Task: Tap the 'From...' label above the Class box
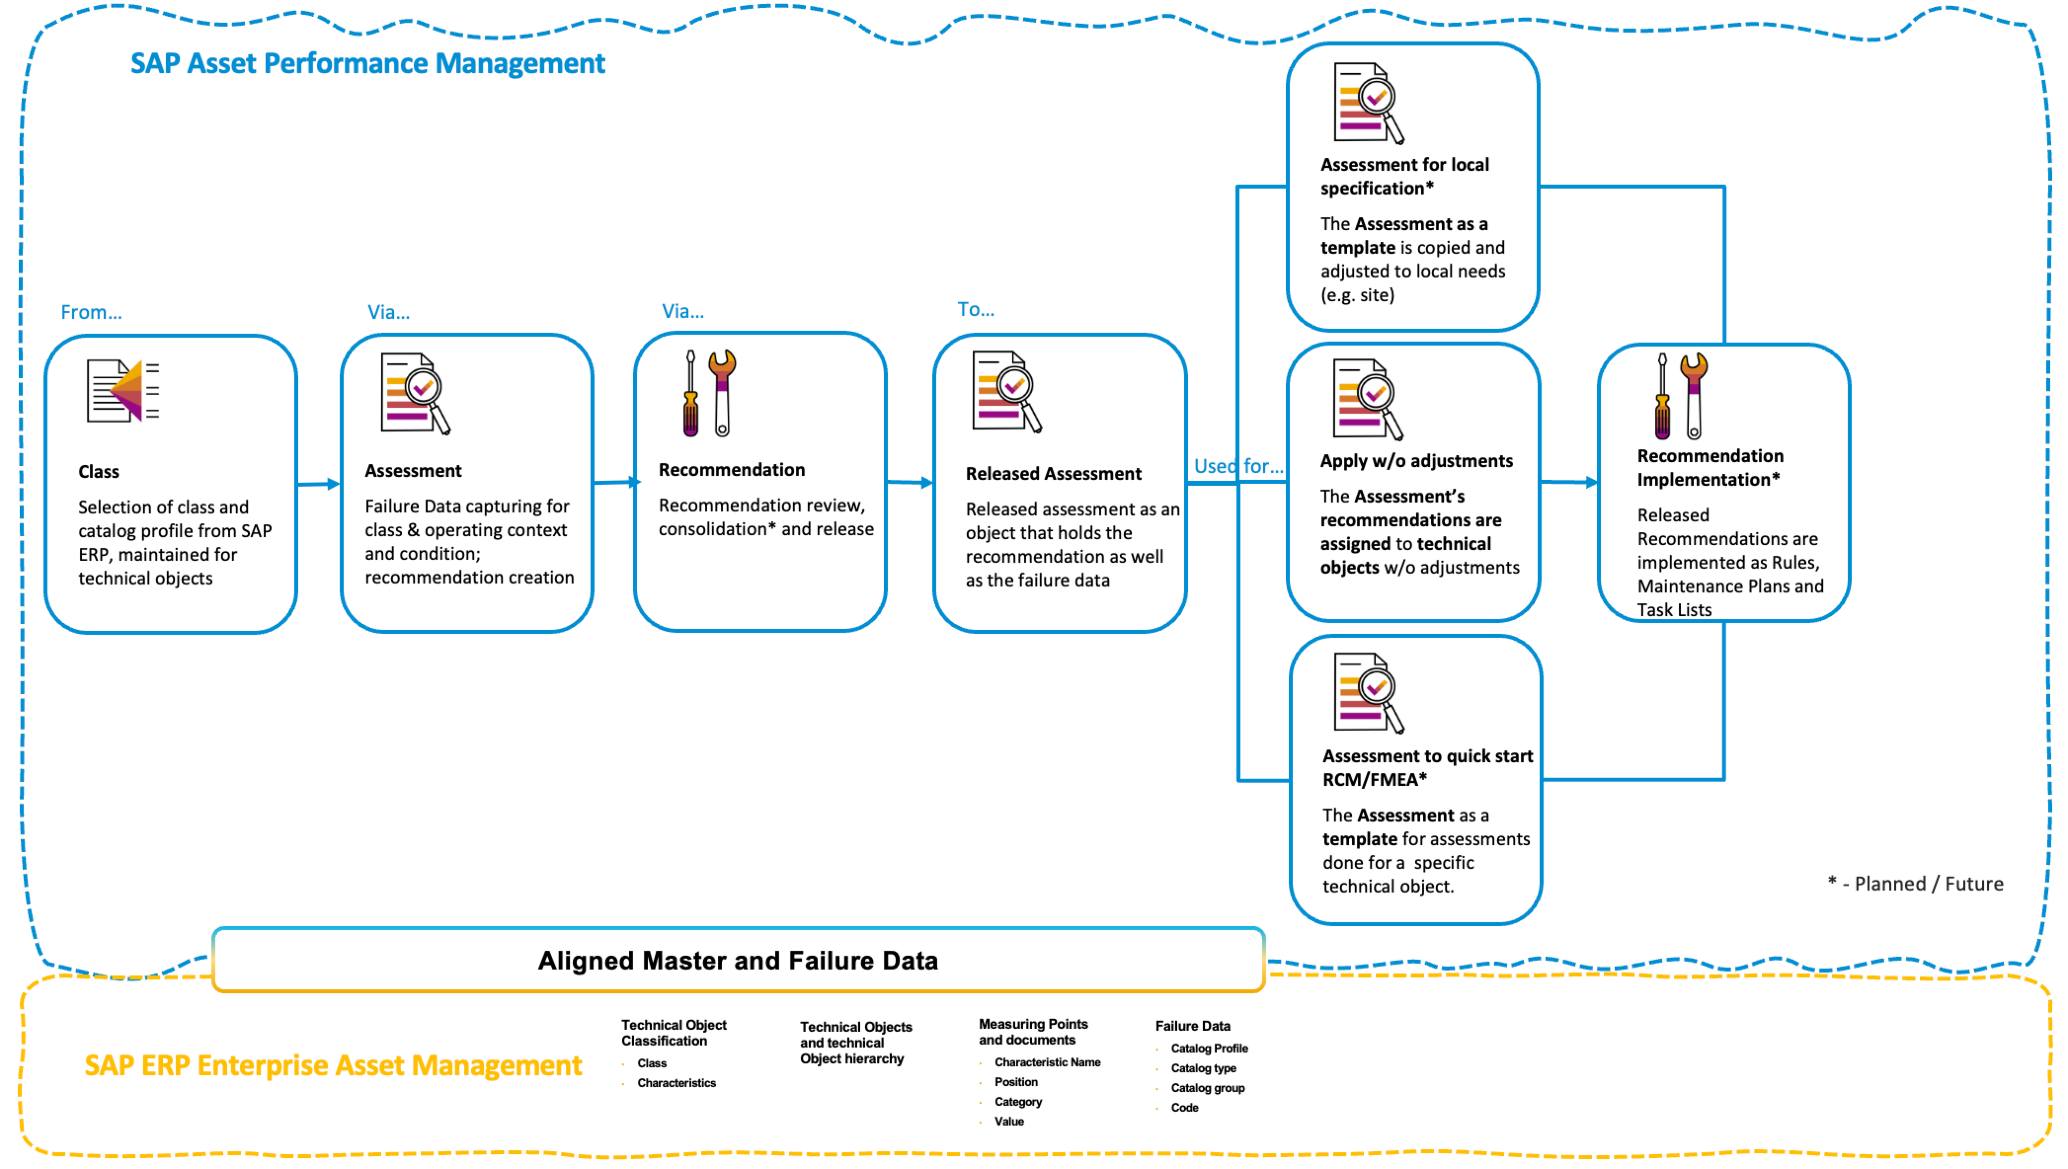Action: coord(91,312)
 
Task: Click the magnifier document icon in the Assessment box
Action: coord(414,393)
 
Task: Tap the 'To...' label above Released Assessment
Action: coord(975,310)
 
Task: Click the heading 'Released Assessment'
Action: coord(1053,474)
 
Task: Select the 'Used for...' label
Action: coord(1237,467)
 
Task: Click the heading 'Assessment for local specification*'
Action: coord(1404,176)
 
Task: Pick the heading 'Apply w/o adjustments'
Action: coord(1416,461)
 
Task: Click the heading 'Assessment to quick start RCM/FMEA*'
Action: coord(1427,768)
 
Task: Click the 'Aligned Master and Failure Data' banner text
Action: coord(737,961)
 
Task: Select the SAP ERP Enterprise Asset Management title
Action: coord(332,1065)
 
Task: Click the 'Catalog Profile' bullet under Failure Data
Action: coord(1209,1049)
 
